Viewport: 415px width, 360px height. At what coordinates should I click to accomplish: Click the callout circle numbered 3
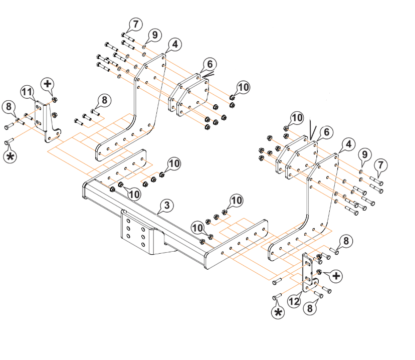[x=166, y=206]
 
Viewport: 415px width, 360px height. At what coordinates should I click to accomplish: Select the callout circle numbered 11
[x=28, y=92]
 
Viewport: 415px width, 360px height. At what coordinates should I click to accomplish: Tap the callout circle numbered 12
[x=294, y=301]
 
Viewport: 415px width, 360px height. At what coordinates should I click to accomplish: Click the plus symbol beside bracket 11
[x=48, y=84]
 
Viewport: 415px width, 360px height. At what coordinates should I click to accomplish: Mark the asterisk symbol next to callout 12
[x=277, y=313]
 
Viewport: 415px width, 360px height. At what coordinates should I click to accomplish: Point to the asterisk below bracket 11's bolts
[x=10, y=156]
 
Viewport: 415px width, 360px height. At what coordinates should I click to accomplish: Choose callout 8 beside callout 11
[x=8, y=106]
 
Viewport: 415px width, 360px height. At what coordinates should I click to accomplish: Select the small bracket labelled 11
[x=49, y=123]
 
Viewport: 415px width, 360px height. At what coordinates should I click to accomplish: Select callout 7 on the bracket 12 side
[x=381, y=164]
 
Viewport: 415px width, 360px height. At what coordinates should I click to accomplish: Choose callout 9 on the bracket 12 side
[x=364, y=154]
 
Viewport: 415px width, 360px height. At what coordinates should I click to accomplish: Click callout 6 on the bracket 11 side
[x=210, y=64]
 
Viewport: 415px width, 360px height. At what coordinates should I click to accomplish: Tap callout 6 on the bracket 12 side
[x=326, y=132]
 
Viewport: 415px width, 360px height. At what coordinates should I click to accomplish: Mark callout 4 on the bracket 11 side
[x=174, y=45]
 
